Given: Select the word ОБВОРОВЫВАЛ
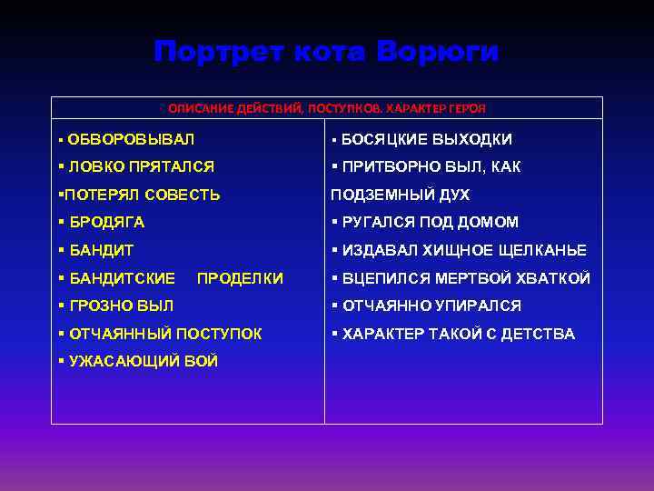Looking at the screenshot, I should pos(131,140).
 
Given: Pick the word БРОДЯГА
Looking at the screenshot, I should pos(106,223).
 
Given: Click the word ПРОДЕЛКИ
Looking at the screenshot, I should pos(240,278).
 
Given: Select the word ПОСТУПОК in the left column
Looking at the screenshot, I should pos(218,335).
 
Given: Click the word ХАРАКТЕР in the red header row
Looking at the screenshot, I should pos(419,108).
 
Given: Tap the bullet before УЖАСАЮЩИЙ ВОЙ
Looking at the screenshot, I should pos(60,362).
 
